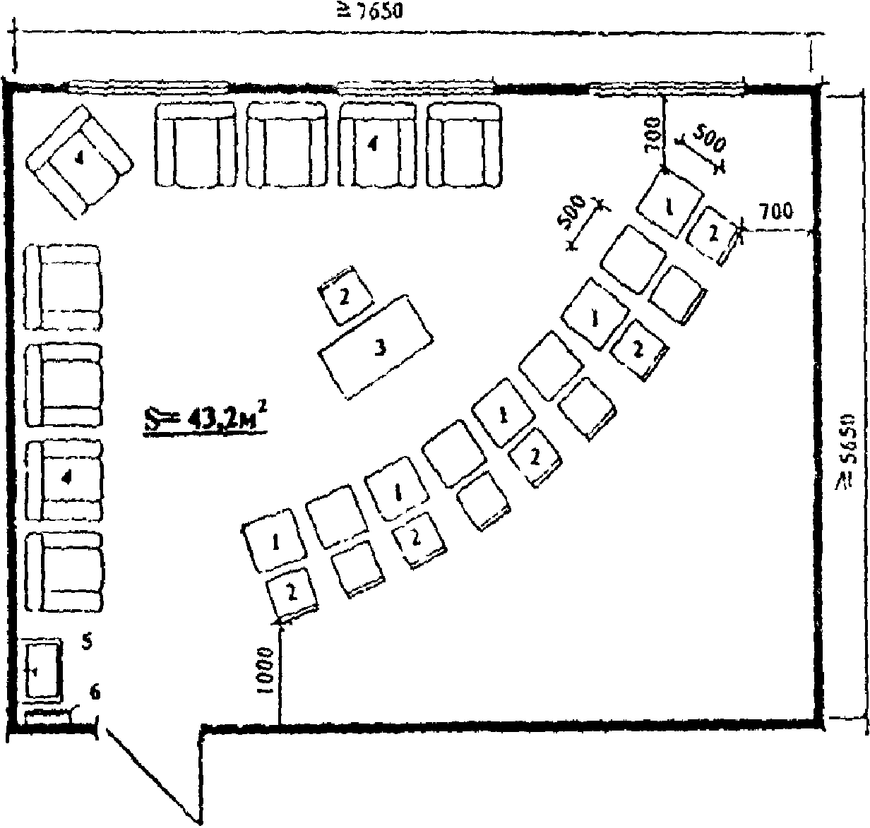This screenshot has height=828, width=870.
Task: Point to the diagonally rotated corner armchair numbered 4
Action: [79, 161]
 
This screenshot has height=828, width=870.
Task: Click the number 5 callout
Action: [86, 642]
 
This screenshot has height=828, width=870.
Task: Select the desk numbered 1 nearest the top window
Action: [669, 205]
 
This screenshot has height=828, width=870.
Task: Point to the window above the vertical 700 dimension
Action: [667, 89]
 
